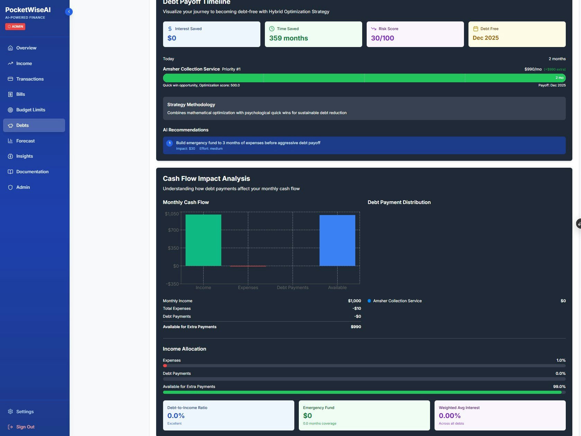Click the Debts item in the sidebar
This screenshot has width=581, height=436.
click(23, 126)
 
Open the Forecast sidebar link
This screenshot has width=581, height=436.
click(25, 141)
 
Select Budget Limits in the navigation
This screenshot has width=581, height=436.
click(30, 110)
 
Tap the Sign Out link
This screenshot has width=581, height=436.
click(25, 427)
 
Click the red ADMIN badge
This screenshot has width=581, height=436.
click(15, 27)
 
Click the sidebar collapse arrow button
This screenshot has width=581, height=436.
click(69, 12)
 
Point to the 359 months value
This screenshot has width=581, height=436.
click(288, 38)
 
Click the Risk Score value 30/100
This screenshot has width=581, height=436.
click(382, 38)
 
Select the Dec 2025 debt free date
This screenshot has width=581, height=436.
click(485, 38)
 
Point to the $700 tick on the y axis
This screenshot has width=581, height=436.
click(173, 230)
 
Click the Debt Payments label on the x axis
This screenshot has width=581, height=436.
click(293, 288)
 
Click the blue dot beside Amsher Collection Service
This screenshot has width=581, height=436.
click(369, 301)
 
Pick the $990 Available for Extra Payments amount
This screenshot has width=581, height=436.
click(356, 327)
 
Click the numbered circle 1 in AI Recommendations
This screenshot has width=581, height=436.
click(170, 143)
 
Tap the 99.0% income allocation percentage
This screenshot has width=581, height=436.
click(559, 387)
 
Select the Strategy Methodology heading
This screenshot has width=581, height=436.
click(191, 105)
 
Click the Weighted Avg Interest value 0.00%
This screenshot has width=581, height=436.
click(449, 416)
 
